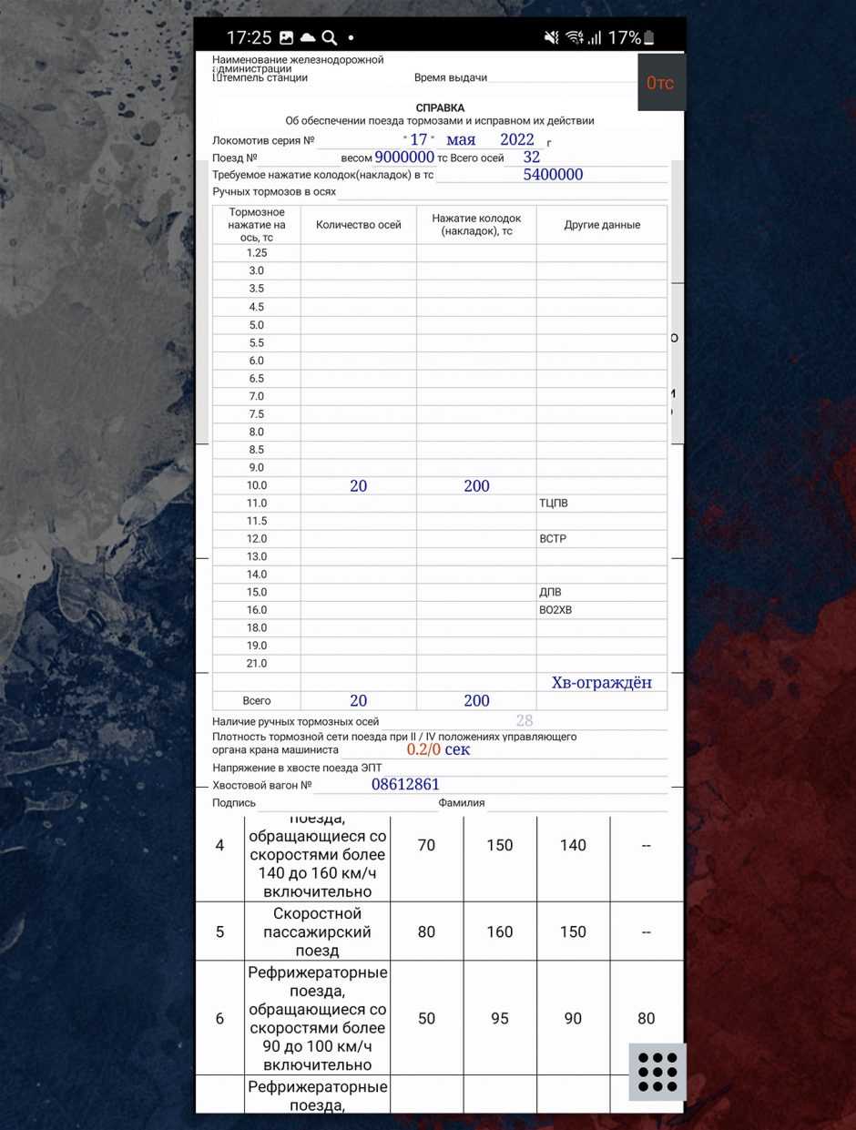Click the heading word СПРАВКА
point(440,107)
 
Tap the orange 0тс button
point(660,83)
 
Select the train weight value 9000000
point(404,158)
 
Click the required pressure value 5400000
point(553,175)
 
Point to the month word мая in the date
point(461,139)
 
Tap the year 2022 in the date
point(517,139)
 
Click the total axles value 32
point(532,157)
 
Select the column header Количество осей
point(359,225)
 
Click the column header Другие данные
point(602,225)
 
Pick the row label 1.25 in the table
point(257,253)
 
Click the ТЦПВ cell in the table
point(554,504)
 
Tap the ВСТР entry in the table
point(553,539)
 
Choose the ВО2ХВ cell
point(555,610)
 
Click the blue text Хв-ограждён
point(602,683)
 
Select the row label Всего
point(257,701)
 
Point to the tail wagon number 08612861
point(405,784)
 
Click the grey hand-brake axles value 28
point(525,721)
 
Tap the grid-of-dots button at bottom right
point(657,1072)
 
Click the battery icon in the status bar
point(648,37)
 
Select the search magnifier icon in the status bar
point(330,37)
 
